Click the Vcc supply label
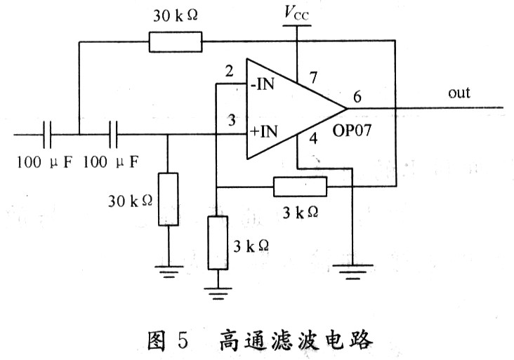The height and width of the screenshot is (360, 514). coord(296,13)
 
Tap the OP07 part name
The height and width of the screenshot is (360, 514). coord(352,131)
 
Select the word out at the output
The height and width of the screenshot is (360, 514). coord(459,93)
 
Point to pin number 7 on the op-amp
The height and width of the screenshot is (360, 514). coord(314,77)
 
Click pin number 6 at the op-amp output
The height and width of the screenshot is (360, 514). coord(357,97)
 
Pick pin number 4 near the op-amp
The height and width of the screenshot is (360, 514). coord(313,138)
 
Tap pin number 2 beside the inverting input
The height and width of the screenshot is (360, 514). coord(229,71)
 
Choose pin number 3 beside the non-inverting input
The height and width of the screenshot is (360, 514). coord(232,120)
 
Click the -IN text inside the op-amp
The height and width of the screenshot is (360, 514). coord(262,84)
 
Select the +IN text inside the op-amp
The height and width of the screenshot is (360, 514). coord(263,131)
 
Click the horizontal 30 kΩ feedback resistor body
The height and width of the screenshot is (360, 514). coord(176,42)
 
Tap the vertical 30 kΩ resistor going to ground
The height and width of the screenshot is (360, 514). coord(169,199)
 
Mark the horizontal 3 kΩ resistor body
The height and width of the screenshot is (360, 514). coord(300,187)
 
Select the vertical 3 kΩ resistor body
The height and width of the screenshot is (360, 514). coord(218,243)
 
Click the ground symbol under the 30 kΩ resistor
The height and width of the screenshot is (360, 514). coord(169,272)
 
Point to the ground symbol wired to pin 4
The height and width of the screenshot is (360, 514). coord(352,272)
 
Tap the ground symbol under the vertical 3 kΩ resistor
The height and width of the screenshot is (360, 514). coord(218,294)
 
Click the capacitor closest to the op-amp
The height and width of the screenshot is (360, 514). coord(114,134)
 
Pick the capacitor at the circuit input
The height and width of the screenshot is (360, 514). coord(47,134)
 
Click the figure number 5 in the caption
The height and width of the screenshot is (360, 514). coord(183,340)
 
